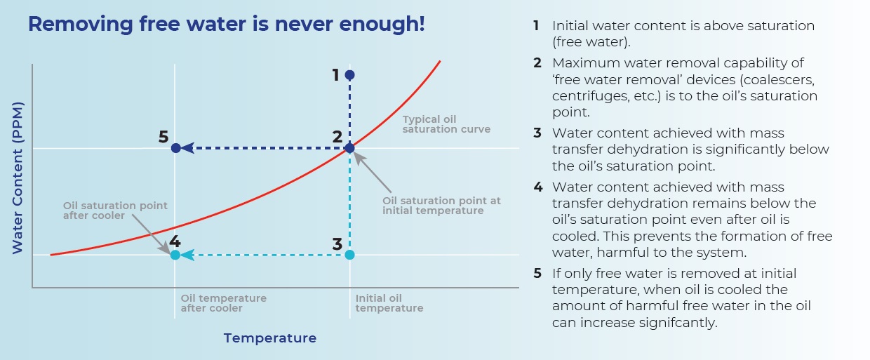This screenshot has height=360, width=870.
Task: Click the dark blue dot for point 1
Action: coord(349,75)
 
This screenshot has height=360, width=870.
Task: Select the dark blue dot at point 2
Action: coord(349,148)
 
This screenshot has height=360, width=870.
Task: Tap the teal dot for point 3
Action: coord(349,255)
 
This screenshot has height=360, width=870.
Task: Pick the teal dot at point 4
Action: coord(175,255)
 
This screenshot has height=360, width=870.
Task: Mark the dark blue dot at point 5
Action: coord(175,148)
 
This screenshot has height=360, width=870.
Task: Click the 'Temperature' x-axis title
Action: coord(270,338)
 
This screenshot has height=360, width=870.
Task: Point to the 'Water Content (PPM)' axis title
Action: coord(18,178)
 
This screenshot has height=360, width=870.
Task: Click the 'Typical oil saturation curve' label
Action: coord(446,124)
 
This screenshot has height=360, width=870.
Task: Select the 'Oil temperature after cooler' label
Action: coord(223,303)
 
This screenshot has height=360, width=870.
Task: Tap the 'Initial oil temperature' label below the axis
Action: coord(389,303)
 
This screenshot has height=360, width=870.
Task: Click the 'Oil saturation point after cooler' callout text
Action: coord(115,211)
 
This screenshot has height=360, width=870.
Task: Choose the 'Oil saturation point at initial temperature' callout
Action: coord(441,206)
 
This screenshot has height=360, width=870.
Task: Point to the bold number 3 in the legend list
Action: coord(537,133)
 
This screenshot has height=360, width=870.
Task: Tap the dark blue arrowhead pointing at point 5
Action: coord(187,148)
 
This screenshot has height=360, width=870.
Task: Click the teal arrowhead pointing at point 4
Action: coord(187,255)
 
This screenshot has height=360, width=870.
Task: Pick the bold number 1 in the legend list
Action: coord(536,26)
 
